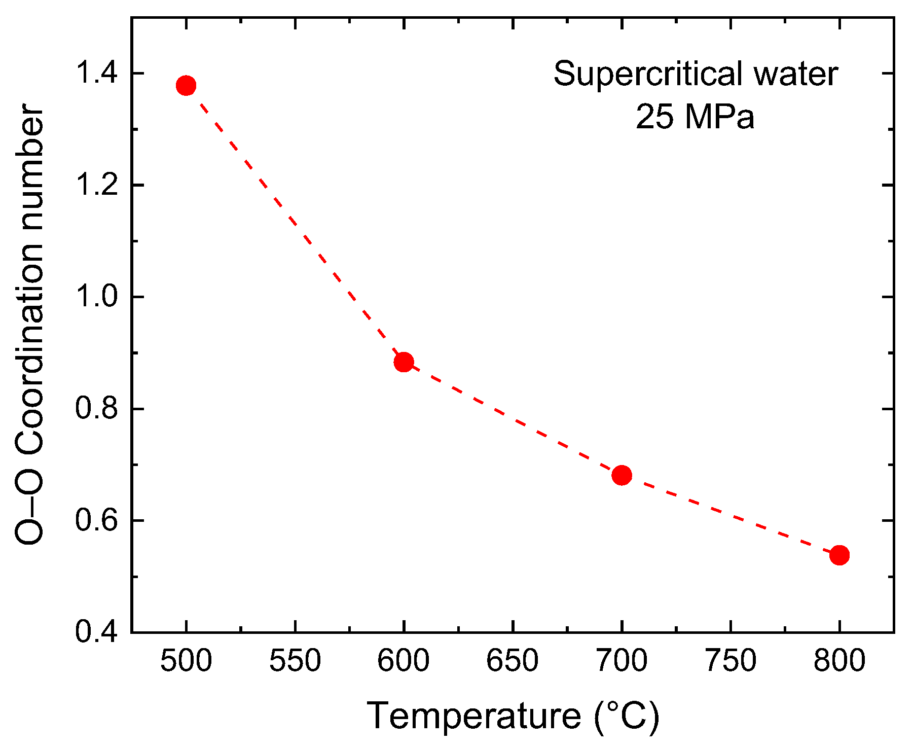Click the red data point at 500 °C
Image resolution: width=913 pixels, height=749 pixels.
pos(186,86)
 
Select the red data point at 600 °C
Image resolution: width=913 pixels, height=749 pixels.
pos(404,362)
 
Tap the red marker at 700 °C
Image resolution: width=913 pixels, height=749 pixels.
pos(622,476)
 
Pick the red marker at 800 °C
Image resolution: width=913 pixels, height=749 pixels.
pos(839,555)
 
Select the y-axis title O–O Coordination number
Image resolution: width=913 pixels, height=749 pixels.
pos(29,325)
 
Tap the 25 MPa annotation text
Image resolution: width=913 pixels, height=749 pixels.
pos(695,117)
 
